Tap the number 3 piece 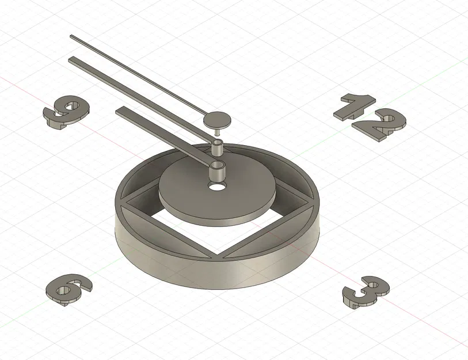(x=365, y=291)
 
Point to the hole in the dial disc (x=218, y=188)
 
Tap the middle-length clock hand (x=138, y=92)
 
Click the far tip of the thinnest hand (x=72, y=37)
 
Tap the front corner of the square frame (x=219, y=256)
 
